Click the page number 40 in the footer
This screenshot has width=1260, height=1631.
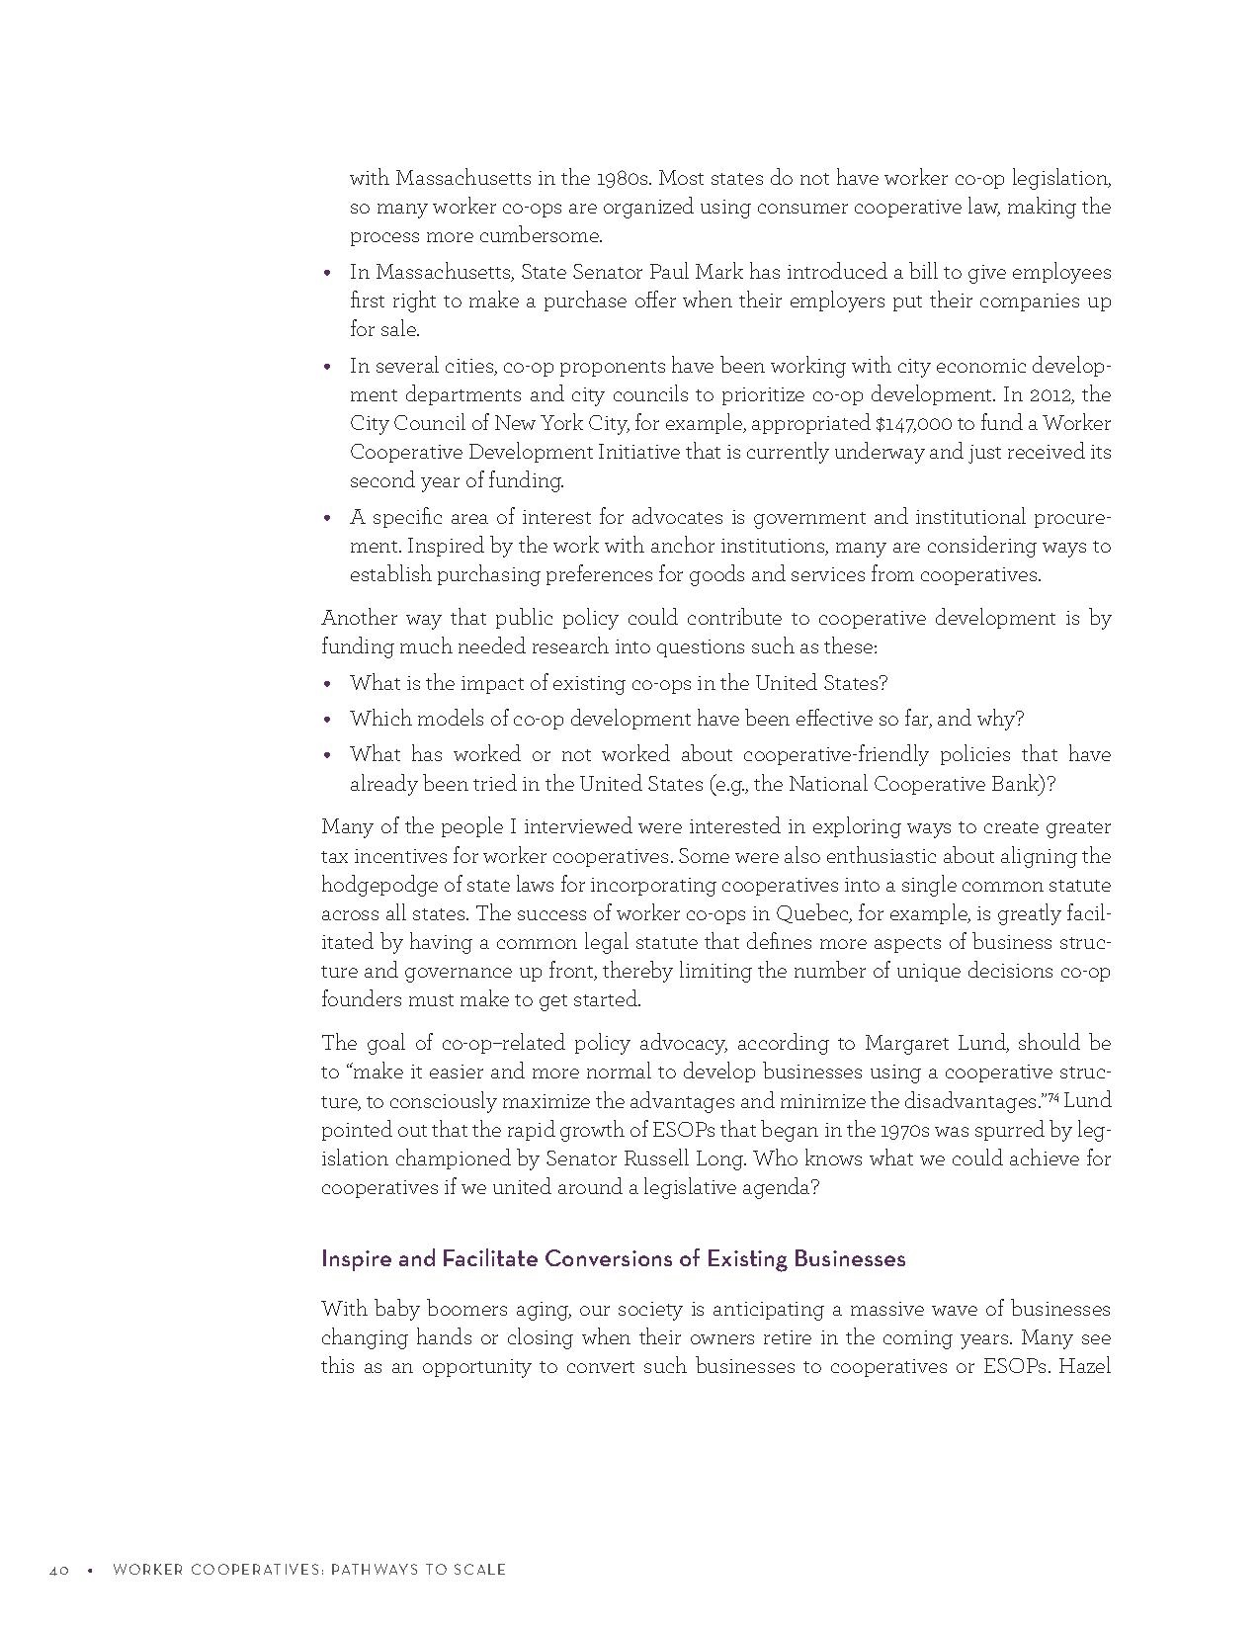(58, 1570)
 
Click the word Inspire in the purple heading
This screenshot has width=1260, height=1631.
(353, 1258)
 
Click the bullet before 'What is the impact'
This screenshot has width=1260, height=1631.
(328, 684)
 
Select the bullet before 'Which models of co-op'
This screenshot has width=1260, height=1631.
(328, 720)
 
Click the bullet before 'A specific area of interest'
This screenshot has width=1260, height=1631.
(328, 518)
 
